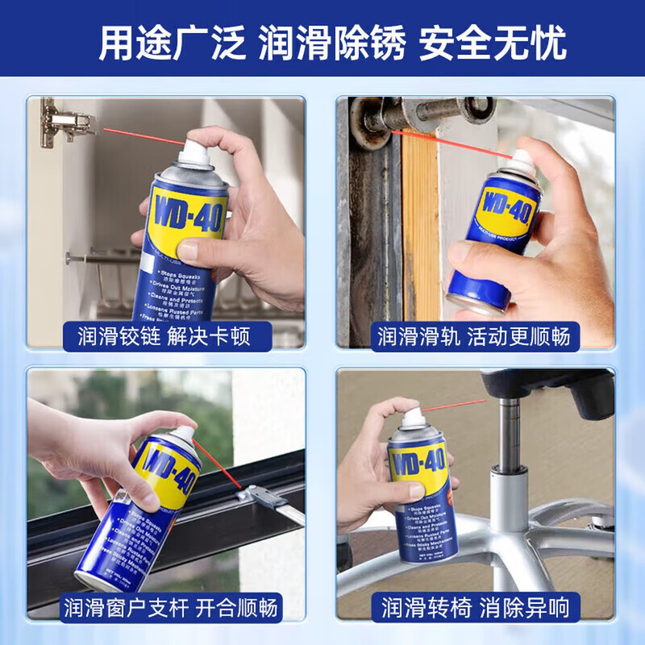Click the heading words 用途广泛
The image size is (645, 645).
point(171,43)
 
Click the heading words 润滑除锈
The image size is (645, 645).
point(331,43)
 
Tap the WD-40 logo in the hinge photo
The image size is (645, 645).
point(188,214)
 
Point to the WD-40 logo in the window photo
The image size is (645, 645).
point(167,473)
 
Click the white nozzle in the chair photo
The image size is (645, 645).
point(413,418)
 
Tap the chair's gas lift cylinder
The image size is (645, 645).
point(510,435)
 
